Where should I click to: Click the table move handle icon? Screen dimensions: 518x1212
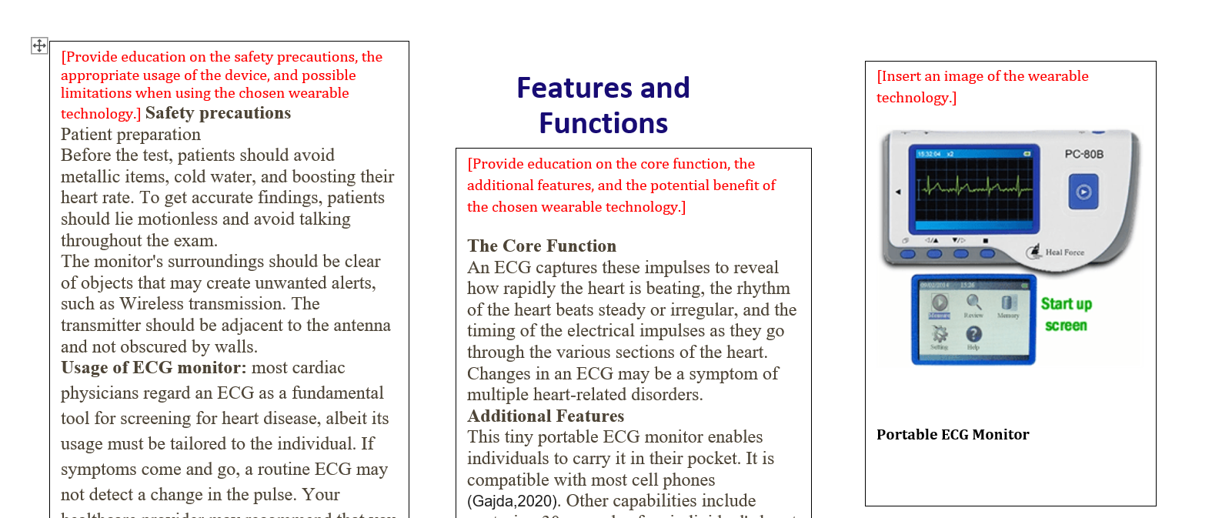pyautogui.click(x=39, y=46)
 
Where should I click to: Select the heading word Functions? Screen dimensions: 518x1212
pyautogui.click(x=603, y=124)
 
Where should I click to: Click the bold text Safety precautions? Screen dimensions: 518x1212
pyautogui.click(x=218, y=113)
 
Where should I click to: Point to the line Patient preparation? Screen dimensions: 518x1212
pyautogui.click(x=131, y=135)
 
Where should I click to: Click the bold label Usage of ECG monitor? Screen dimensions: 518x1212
pyautogui.click(x=154, y=368)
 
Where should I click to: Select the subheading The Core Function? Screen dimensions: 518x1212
pyautogui.click(x=542, y=246)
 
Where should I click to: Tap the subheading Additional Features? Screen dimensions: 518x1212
pyautogui.click(x=546, y=416)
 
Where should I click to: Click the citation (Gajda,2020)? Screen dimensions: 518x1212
pyautogui.click(x=513, y=501)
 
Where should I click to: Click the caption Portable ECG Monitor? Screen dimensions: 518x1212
pyautogui.click(x=953, y=435)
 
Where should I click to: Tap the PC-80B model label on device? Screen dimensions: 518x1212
pyautogui.click(x=1083, y=154)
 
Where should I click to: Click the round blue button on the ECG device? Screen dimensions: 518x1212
pyautogui.click(x=1083, y=192)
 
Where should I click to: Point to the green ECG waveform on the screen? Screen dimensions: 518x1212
pyautogui.click(x=973, y=186)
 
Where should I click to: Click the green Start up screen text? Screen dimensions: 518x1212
pyautogui.click(x=1066, y=314)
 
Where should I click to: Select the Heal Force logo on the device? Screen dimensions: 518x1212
pyautogui.click(x=1056, y=252)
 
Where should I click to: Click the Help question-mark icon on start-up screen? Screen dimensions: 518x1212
pyautogui.click(x=973, y=334)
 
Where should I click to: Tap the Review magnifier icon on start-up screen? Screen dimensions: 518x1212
pyautogui.click(x=973, y=302)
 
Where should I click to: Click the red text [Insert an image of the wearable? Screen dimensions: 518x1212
pyautogui.click(x=983, y=76)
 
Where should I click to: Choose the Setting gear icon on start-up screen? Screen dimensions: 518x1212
pyautogui.click(x=940, y=334)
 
